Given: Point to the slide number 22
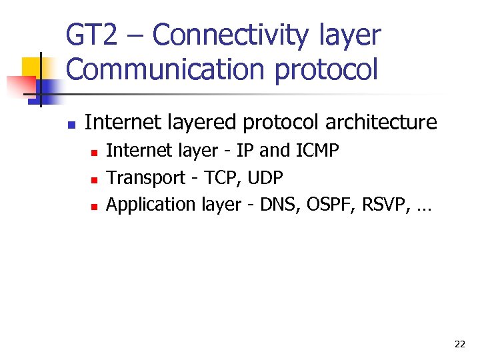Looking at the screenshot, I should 459,344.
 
